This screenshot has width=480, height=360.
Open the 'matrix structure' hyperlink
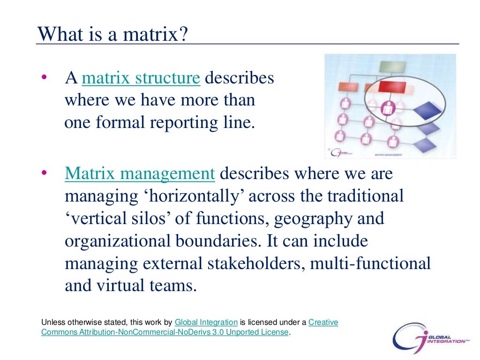coord(141,78)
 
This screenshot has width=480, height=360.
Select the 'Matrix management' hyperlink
coord(140,173)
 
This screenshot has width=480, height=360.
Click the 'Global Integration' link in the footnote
coord(206,322)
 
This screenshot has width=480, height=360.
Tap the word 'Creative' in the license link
coord(323,322)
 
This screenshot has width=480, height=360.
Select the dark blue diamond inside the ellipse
coord(427,108)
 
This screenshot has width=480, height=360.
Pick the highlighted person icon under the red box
coord(389,107)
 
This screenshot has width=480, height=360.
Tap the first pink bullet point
coord(44,78)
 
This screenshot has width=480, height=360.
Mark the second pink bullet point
coord(44,174)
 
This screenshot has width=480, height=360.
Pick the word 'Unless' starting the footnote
coord(52,322)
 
